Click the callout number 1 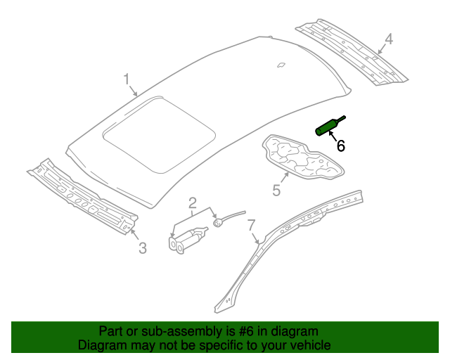click(x=127, y=79)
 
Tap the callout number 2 click(x=192, y=204)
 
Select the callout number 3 click(x=142, y=247)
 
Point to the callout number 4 click(x=389, y=39)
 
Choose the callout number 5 click(x=276, y=191)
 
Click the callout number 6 click(x=340, y=146)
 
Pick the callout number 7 click(x=250, y=225)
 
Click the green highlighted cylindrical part click(x=328, y=127)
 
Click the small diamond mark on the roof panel click(x=281, y=65)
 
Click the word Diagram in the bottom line click(x=101, y=345)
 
